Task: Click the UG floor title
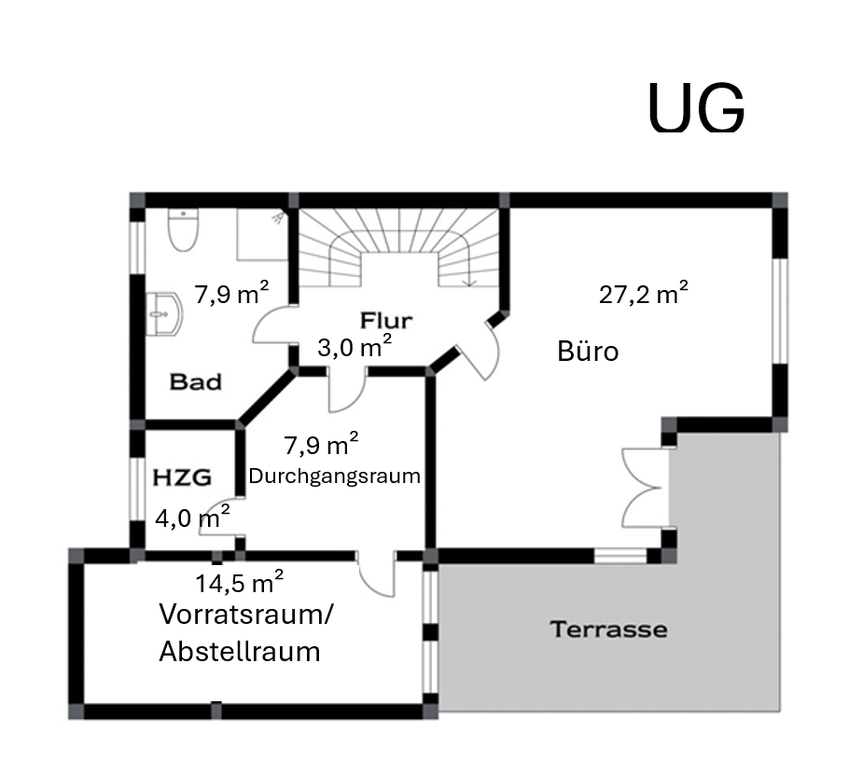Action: click(x=696, y=107)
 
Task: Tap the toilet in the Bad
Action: click(x=184, y=229)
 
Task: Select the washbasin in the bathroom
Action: click(x=164, y=314)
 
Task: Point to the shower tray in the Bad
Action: click(x=262, y=234)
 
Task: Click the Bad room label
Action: click(x=196, y=382)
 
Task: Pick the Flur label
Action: click(x=386, y=321)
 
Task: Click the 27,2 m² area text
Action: click(x=643, y=294)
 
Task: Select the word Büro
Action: click(x=588, y=351)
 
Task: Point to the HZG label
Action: click(x=182, y=477)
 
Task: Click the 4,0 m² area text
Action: click(x=192, y=517)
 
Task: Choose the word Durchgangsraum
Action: click(x=335, y=477)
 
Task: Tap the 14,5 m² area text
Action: click(x=240, y=582)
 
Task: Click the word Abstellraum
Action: click(x=240, y=651)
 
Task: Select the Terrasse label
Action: click(x=608, y=629)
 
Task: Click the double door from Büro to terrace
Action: click(x=645, y=487)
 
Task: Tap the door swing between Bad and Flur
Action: click(x=273, y=325)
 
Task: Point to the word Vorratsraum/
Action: click(x=246, y=615)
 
